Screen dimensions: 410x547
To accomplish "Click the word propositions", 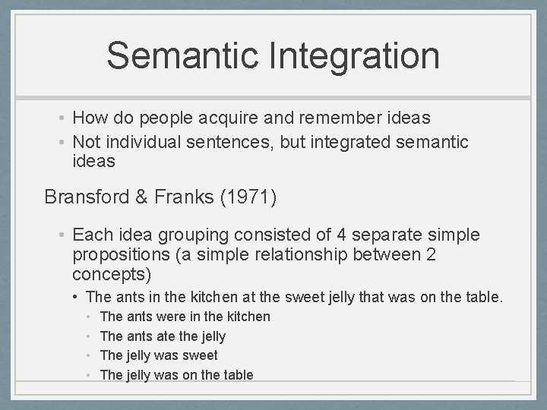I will pos(119,254).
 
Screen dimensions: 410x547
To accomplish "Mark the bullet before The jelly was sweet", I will pos(90,355).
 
